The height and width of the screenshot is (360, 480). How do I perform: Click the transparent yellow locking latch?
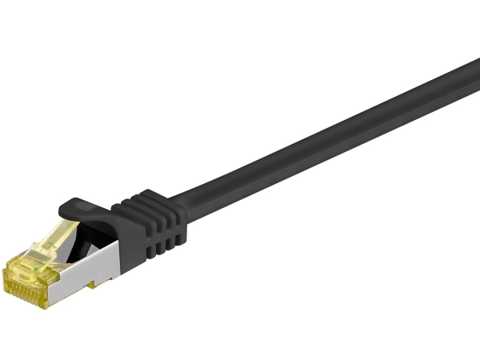(x=56, y=237)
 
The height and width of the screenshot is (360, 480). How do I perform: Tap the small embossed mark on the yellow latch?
(x=53, y=240)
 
